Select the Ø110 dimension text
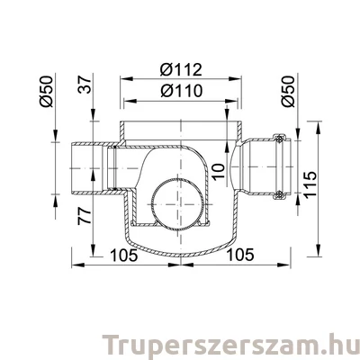coord(180,91)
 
